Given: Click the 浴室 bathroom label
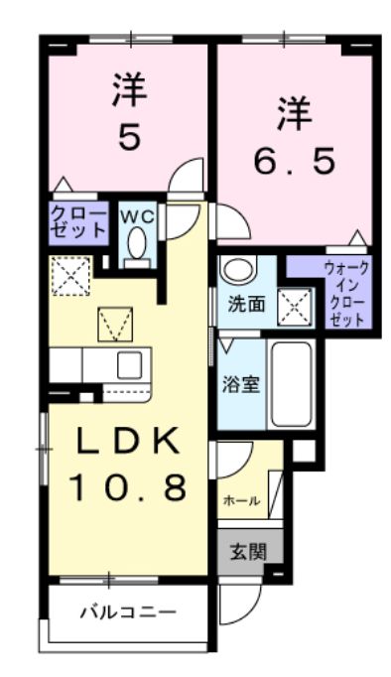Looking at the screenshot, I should pyautogui.click(x=243, y=383).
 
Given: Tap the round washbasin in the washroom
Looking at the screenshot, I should pyautogui.click(x=237, y=269).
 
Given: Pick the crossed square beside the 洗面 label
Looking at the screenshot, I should pyautogui.click(x=293, y=306).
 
